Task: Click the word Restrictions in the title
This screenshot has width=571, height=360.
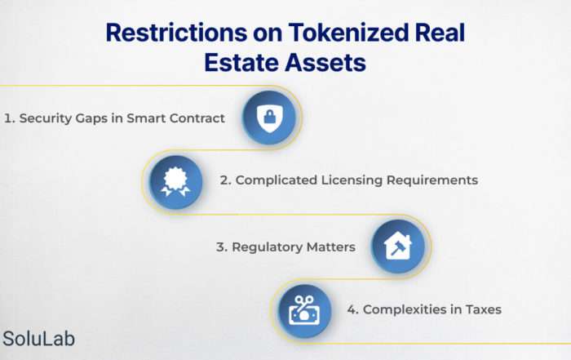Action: (176, 33)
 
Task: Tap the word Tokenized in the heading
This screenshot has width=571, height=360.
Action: (348, 33)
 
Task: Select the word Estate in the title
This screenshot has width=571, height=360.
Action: (241, 63)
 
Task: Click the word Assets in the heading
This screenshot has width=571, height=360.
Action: (325, 63)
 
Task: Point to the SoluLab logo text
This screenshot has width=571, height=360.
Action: (39, 339)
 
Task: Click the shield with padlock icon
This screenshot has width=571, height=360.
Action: (269, 118)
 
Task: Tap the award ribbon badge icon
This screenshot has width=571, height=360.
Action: (176, 182)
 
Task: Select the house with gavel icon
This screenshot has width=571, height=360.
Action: (398, 246)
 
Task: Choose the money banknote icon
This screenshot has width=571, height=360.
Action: (304, 310)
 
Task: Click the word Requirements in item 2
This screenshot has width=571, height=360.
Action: (432, 180)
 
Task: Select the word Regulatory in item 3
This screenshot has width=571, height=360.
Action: (268, 247)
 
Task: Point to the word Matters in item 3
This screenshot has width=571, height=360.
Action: (331, 247)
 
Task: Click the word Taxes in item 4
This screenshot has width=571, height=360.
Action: (484, 309)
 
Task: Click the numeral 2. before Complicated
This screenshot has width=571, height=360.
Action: (226, 180)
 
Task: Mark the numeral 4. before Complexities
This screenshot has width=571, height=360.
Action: (353, 309)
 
